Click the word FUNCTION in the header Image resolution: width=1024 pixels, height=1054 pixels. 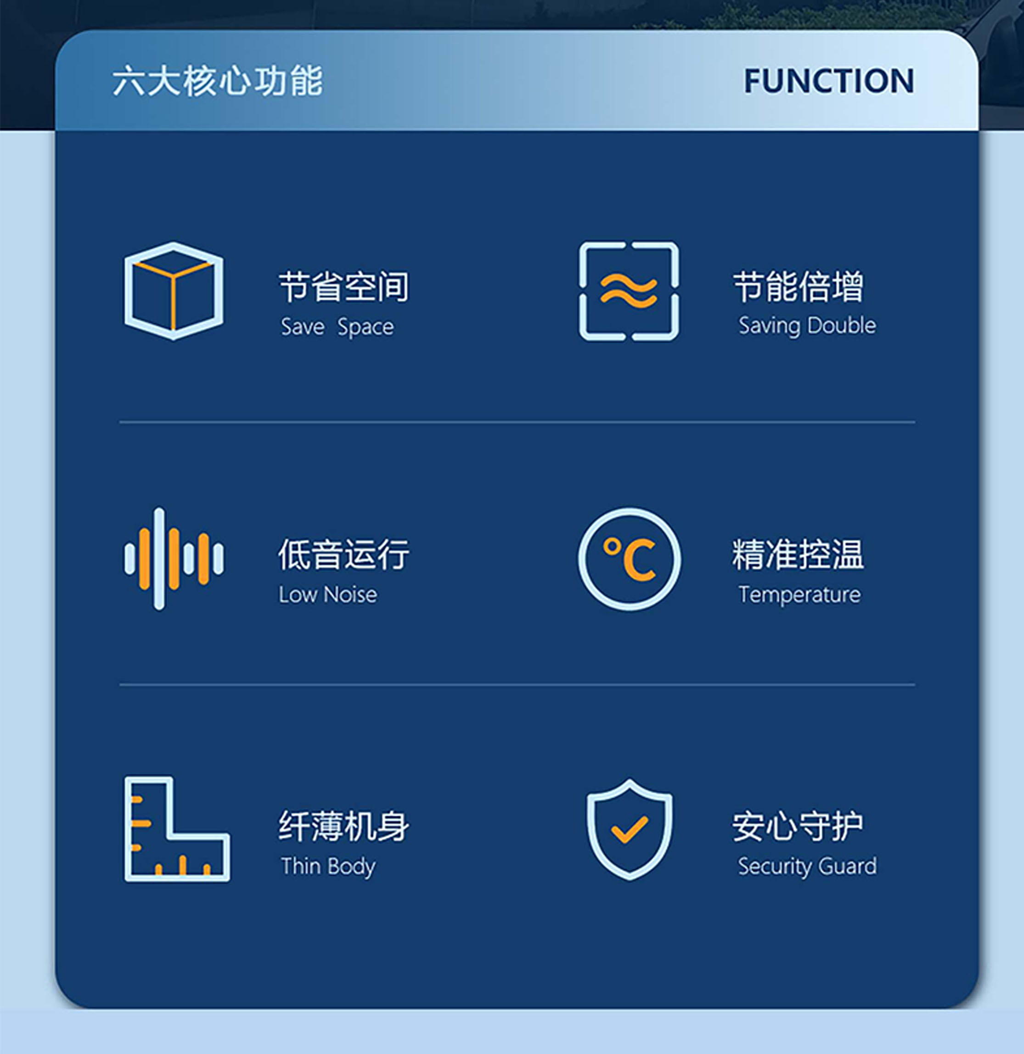(x=829, y=81)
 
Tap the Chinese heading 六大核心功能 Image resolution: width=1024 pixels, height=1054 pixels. (x=218, y=81)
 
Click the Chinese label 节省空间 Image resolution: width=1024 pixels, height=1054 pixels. (x=343, y=286)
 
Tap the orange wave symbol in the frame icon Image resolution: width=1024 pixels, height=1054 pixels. (x=629, y=291)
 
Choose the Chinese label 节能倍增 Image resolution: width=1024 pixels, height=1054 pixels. (x=799, y=286)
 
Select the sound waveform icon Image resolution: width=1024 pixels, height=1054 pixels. (x=174, y=559)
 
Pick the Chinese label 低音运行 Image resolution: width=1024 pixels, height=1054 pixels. (x=343, y=555)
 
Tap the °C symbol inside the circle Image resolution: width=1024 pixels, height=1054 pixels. (x=629, y=559)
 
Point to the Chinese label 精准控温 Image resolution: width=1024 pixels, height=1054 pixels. (x=798, y=555)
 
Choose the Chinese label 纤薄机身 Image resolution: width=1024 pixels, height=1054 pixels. (x=343, y=826)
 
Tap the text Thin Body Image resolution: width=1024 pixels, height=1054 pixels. (x=328, y=866)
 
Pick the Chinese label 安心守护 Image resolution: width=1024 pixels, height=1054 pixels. (x=798, y=826)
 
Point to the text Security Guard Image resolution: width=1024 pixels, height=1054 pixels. (x=807, y=866)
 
